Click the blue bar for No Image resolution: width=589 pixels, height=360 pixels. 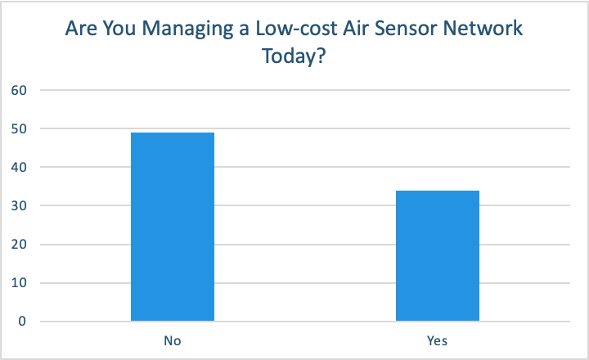click(x=173, y=227)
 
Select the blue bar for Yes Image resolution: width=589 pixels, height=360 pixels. click(x=437, y=255)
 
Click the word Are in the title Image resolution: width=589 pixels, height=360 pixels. click(x=81, y=30)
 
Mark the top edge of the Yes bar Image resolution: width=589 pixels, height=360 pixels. click(x=437, y=191)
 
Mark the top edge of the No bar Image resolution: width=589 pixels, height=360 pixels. click(x=173, y=133)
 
